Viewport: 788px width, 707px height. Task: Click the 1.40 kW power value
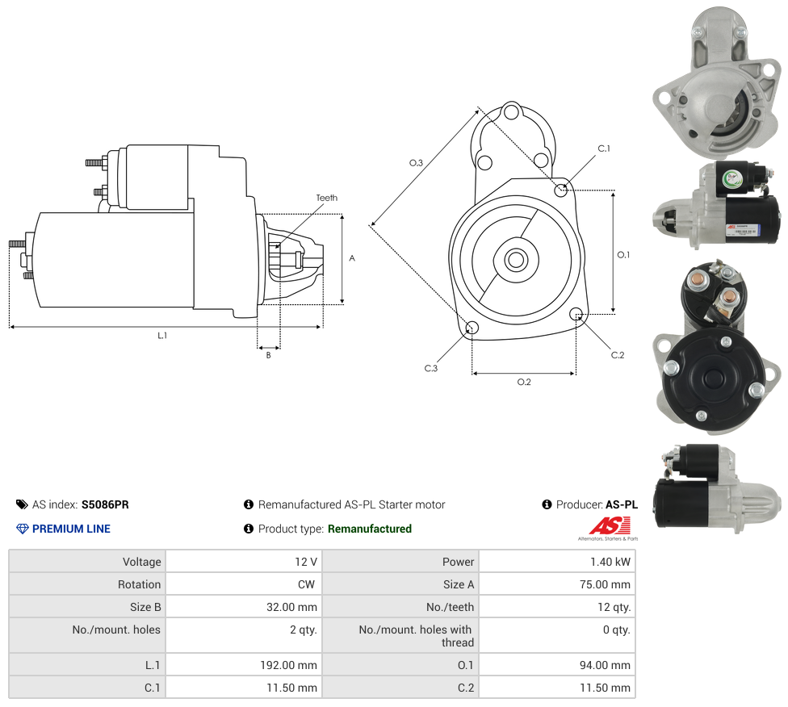[610, 562]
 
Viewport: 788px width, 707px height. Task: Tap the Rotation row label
[139, 584]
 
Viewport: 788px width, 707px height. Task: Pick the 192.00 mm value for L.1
[288, 665]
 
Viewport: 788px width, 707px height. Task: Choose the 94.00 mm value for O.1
[605, 665]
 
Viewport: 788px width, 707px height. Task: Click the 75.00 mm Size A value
[605, 584]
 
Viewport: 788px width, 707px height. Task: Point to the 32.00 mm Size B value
[291, 607]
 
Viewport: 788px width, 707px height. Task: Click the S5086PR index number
[105, 504]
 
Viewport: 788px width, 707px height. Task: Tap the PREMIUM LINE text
[71, 529]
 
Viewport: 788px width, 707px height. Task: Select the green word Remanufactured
[370, 529]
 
